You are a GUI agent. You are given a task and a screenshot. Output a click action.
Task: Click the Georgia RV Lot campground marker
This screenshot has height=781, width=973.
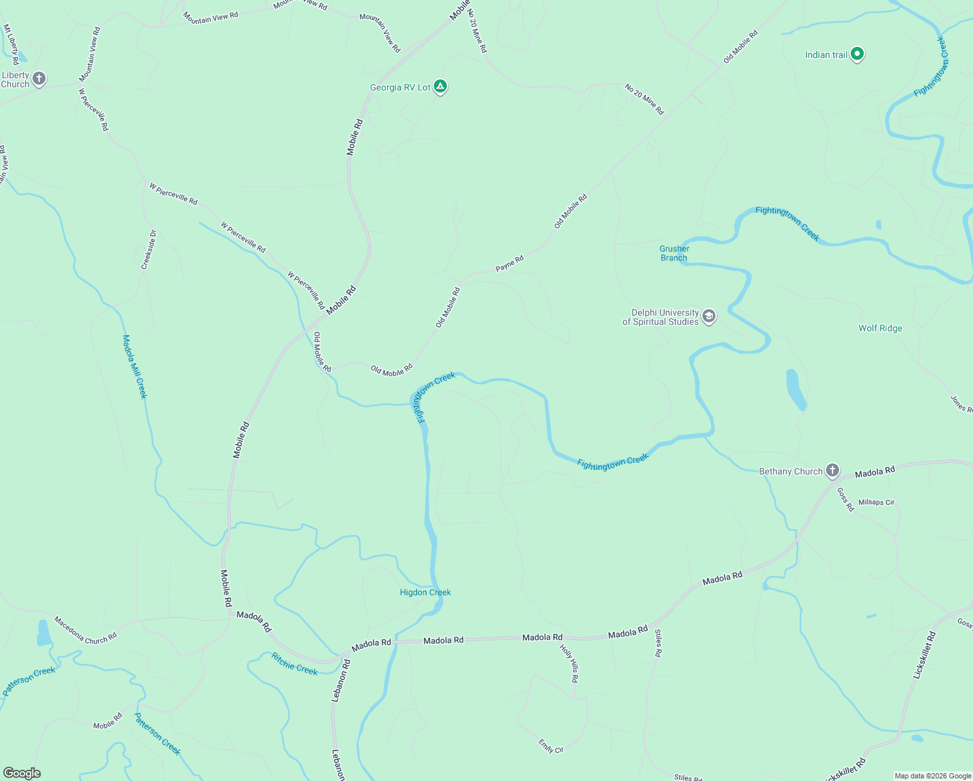440,87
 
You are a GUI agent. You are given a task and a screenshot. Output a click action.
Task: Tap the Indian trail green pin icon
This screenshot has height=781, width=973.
857,54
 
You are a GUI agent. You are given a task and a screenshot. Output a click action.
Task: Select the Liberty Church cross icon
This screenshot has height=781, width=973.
39,79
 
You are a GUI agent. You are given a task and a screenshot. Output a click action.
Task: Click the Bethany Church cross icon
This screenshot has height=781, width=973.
832,471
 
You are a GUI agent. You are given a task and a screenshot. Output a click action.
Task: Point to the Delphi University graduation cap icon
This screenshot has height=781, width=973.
709,317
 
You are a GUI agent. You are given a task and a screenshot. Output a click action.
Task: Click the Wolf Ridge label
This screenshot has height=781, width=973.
880,328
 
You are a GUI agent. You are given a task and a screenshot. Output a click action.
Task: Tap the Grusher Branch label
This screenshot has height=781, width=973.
674,253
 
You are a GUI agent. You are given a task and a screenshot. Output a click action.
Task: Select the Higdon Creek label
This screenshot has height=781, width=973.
425,592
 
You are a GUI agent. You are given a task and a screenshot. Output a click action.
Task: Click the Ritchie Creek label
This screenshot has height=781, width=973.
295,664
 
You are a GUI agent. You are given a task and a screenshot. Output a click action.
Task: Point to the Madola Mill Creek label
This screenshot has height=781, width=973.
135,366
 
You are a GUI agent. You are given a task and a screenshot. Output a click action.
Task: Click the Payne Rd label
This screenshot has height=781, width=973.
509,263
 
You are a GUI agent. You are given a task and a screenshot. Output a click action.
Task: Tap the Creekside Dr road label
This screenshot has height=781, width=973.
149,250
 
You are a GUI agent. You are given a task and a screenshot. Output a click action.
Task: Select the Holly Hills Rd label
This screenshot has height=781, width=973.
568,663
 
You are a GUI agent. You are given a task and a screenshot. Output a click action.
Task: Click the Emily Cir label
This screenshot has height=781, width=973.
551,746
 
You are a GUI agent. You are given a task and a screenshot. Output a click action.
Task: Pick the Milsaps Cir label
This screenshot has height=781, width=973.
876,502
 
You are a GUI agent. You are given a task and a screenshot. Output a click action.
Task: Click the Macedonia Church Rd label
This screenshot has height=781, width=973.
85,630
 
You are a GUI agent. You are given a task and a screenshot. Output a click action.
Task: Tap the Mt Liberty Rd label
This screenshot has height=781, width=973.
11,44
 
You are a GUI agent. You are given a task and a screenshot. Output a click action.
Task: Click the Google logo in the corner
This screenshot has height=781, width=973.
22,773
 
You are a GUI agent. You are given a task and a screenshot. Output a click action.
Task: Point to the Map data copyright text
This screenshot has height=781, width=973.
932,776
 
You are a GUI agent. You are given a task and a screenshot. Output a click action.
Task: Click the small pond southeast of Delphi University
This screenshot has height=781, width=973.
796,389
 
